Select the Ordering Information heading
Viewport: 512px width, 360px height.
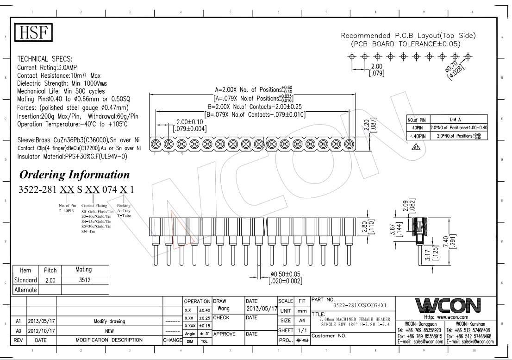[74, 176]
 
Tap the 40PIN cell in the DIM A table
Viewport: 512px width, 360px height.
[418, 127]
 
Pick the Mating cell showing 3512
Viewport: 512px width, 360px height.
[84, 280]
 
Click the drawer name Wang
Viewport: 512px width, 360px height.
[224, 308]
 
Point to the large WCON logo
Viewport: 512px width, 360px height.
[447, 306]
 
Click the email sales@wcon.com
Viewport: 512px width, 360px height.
[420, 341]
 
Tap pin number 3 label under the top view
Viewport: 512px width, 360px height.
[182, 154]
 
